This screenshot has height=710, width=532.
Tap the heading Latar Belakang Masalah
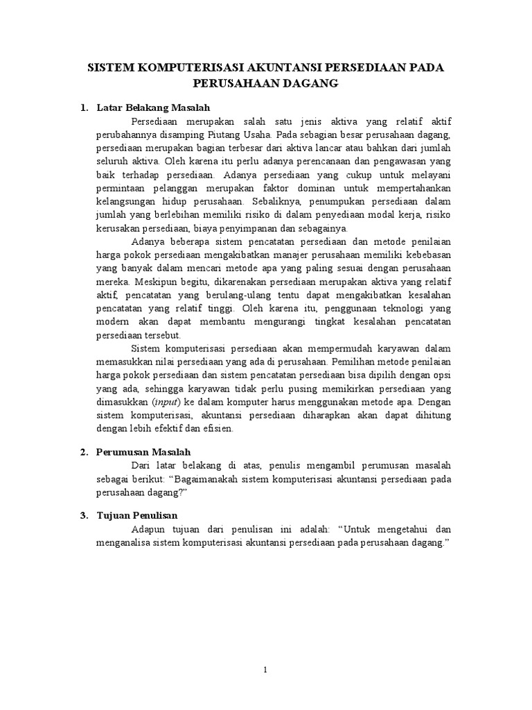(x=152, y=107)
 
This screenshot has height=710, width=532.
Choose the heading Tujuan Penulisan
(x=137, y=515)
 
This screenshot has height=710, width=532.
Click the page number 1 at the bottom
(x=267, y=669)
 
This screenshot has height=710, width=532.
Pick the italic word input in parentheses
(x=163, y=403)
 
